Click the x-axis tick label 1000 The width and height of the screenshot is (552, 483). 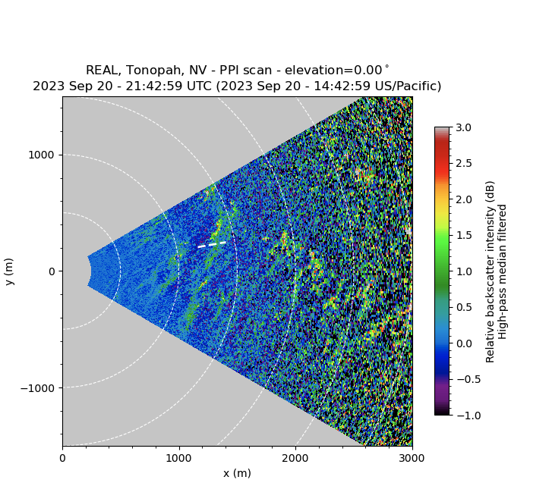click(179, 457)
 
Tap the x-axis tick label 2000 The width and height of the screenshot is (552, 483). click(295, 457)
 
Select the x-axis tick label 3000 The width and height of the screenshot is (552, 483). click(412, 457)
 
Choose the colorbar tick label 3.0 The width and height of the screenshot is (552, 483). click(462, 127)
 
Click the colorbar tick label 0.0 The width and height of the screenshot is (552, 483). click(462, 343)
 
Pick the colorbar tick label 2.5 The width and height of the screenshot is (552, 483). click(462, 163)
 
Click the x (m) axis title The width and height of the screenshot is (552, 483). click(237, 473)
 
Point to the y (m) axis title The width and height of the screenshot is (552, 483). click(9, 271)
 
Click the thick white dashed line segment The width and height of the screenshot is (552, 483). click(212, 244)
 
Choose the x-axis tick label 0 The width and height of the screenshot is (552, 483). click(62, 457)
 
